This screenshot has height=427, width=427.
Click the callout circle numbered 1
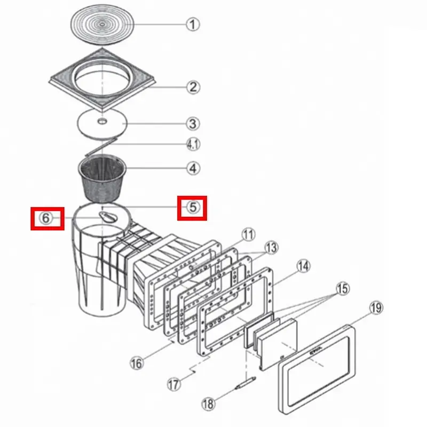tap(193, 24)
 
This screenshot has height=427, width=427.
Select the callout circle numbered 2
tap(193, 87)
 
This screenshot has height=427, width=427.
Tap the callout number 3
tap(193, 124)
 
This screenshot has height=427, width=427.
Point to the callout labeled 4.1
tap(193, 144)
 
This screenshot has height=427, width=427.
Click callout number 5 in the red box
tap(193, 207)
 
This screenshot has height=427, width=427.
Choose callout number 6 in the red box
tap(46, 218)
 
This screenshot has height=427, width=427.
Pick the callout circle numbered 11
tap(248, 234)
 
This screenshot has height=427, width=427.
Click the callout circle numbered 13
tap(271, 248)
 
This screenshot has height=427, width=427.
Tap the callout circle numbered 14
tap(303, 266)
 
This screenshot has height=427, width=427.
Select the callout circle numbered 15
tap(343, 288)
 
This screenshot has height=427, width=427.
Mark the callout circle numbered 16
tap(137, 363)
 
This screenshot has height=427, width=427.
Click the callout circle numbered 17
tap(174, 384)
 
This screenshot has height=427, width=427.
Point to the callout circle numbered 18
tap(208, 404)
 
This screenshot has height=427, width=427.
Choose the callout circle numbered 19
tap(376, 308)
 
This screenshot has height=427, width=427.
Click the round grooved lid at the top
tap(102, 24)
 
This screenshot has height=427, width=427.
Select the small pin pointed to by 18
tap(246, 383)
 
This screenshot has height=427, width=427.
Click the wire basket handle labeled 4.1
tap(101, 147)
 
